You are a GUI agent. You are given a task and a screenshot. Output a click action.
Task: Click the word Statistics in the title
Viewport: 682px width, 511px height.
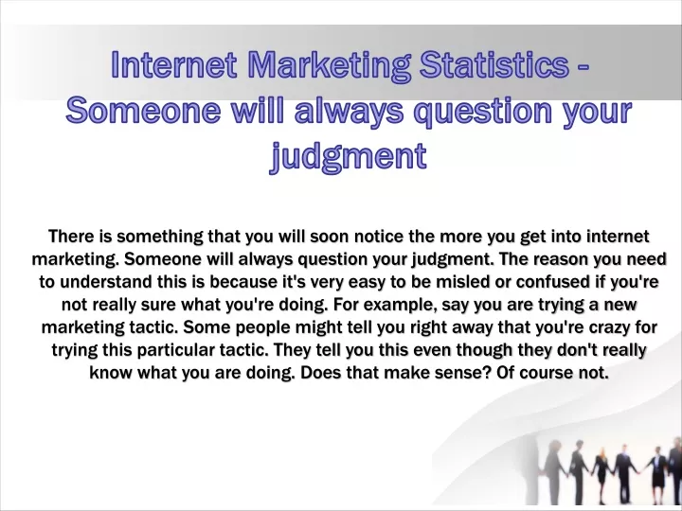494,64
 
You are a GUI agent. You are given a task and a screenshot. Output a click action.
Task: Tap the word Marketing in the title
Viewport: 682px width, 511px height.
329,65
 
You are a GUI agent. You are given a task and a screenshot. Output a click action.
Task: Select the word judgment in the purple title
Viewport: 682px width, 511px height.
349,157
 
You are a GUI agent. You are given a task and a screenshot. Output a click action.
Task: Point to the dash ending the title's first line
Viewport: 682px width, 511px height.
583,67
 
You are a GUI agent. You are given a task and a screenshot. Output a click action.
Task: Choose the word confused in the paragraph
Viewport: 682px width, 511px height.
553,282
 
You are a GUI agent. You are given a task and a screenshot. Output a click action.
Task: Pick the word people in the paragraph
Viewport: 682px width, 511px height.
264,327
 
